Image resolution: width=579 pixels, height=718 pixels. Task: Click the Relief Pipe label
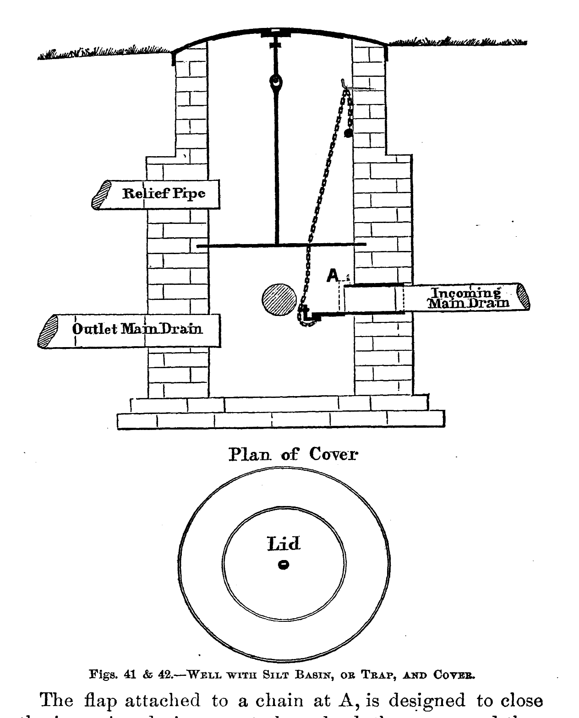(x=164, y=193)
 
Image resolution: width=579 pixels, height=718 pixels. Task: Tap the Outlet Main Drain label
(x=137, y=328)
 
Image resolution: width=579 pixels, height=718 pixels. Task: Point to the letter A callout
(x=333, y=275)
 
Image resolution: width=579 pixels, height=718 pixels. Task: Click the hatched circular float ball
(x=279, y=300)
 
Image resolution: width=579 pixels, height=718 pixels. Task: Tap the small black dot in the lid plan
(x=284, y=565)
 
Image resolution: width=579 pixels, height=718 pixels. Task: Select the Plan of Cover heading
(x=293, y=454)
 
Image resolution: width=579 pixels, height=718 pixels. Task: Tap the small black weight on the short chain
(x=349, y=133)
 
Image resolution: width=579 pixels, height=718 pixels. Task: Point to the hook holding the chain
(x=344, y=84)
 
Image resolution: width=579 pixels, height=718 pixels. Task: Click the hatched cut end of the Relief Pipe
(x=102, y=195)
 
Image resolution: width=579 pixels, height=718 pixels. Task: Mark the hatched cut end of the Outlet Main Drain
(x=48, y=331)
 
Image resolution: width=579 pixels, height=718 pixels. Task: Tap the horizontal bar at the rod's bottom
(x=281, y=246)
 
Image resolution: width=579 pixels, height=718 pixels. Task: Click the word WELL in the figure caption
(x=202, y=674)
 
